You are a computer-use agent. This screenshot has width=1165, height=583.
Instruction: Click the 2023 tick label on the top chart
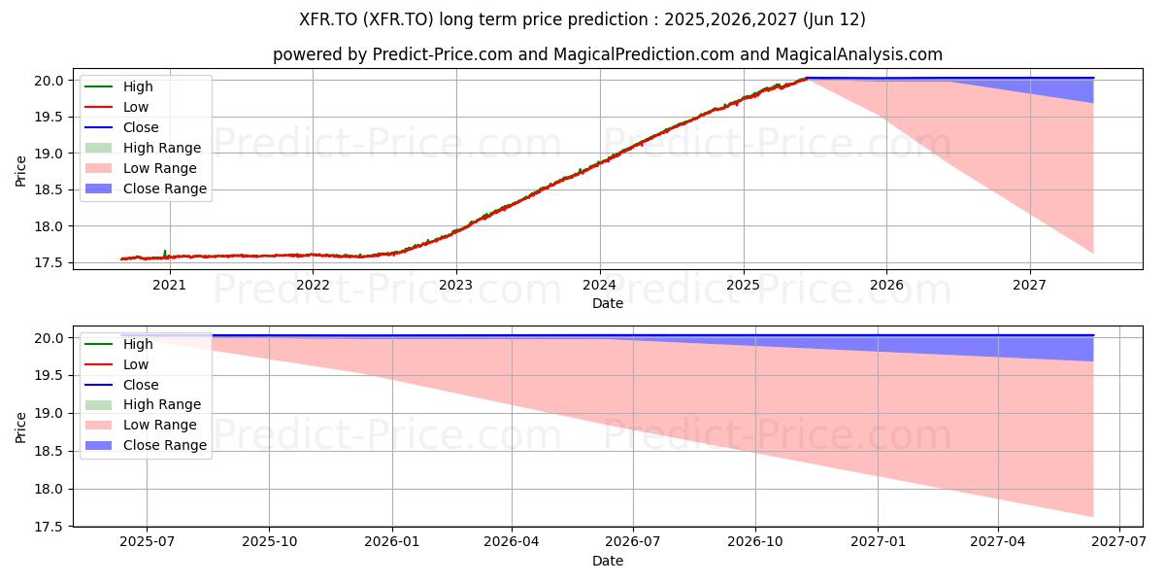tap(455, 286)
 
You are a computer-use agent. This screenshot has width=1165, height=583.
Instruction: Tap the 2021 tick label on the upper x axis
tap(169, 286)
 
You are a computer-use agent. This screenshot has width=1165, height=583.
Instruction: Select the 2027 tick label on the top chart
tap(1029, 286)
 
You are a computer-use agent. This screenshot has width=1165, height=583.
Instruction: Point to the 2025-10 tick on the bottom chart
tap(270, 542)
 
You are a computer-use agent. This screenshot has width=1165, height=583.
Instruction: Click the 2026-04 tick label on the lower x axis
tap(512, 542)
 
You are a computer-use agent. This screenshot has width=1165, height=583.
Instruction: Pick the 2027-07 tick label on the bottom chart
tap(1118, 542)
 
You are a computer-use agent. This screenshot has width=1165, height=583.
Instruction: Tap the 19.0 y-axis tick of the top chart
tap(49, 154)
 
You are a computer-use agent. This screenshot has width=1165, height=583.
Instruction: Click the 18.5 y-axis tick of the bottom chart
tap(49, 451)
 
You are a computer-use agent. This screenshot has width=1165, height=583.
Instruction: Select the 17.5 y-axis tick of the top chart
tap(49, 263)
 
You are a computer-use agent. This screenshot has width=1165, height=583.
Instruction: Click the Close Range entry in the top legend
tap(147, 189)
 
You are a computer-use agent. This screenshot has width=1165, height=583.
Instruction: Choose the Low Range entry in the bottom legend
tap(141, 425)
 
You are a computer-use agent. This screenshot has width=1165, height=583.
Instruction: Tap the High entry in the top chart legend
tap(118, 86)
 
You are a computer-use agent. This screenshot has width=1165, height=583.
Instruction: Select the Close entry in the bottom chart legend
tap(121, 385)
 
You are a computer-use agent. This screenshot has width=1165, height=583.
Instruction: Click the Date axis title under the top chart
tap(608, 303)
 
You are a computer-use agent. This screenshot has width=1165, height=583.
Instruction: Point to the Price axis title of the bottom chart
tap(20, 428)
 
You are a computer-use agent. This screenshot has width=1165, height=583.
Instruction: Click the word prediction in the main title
tap(608, 19)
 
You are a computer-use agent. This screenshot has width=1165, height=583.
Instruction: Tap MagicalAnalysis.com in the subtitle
tap(858, 54)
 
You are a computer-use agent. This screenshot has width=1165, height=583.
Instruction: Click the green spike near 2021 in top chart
tap(165, 253)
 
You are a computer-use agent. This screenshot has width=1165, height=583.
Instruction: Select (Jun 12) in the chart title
tap(834, 19)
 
